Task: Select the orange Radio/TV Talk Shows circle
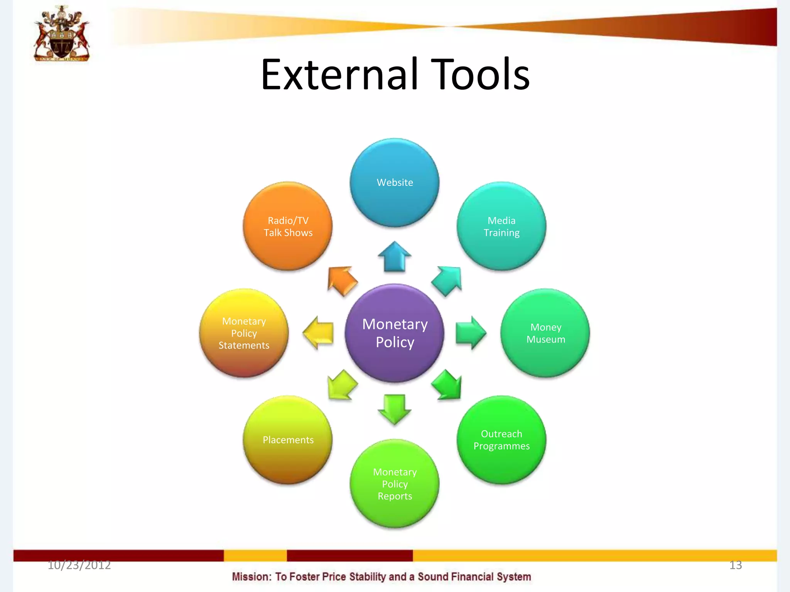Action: click(x=288, y=226)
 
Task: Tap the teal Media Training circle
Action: click(x=501, y=226)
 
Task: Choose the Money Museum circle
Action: click(x=545, y=333)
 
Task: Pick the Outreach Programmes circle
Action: click(x=501, y=440)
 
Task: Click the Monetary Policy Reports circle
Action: click(x=395, y=484)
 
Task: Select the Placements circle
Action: click(x=288, y=440)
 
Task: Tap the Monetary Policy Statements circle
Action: click(x=244, y=333)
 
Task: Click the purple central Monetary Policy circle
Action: click(x=395, y=333)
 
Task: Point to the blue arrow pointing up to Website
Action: click(x=395, y=257)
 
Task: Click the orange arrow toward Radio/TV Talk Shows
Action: click(x=341, y=281)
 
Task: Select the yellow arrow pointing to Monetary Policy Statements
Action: click(x=318, y=333)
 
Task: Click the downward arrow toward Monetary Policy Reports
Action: click(x=395, y=409)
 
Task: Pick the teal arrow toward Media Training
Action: click(x=447, y=281)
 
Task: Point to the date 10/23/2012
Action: click(x=79, y=565)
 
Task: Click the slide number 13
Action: click(x=735, y=565)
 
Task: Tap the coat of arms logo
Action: click(x=62, y=34)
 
